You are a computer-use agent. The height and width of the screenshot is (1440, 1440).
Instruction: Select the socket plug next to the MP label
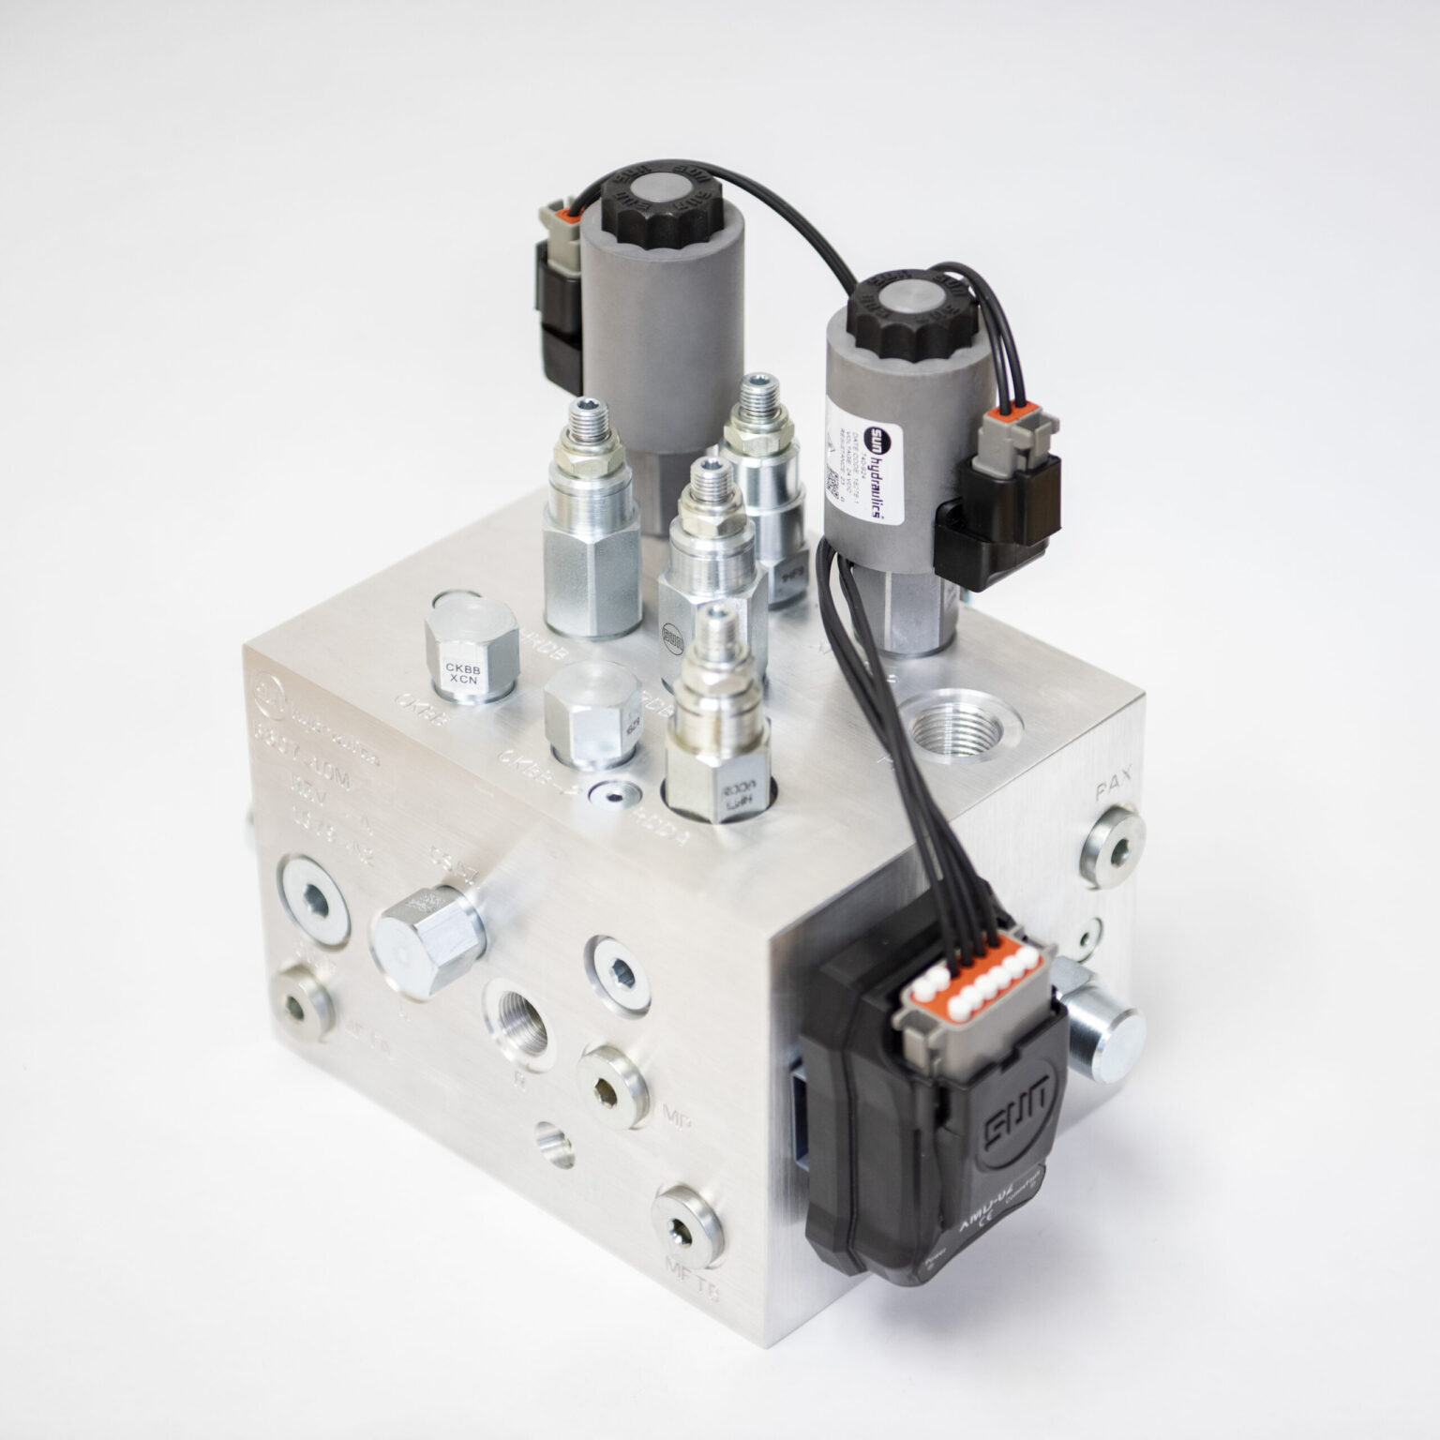(612, 1084)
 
